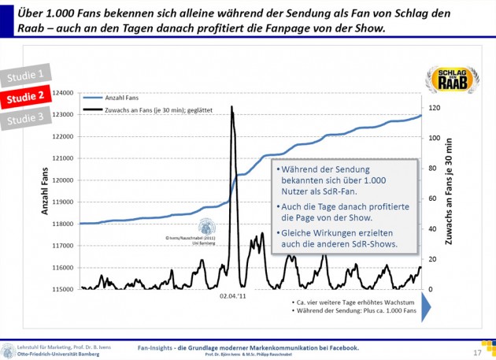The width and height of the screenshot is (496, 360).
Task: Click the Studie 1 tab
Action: coord(26,76)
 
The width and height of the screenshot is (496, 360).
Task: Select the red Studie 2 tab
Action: coord(26,98)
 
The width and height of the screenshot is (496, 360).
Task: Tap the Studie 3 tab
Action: coord(26,118)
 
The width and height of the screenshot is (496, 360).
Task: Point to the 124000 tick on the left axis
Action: coord(65,93)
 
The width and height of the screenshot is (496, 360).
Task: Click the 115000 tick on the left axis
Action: coord(65,289)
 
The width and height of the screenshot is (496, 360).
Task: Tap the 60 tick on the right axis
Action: coord(431,199)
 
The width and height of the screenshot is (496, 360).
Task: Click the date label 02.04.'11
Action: coord(233,297)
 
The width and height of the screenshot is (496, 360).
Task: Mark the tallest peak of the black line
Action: coord(231,107)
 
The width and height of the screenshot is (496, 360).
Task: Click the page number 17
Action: coord(477,352)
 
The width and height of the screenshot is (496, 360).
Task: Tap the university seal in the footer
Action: coord(8,351)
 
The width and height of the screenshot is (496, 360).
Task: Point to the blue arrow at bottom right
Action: coord(426,306)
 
